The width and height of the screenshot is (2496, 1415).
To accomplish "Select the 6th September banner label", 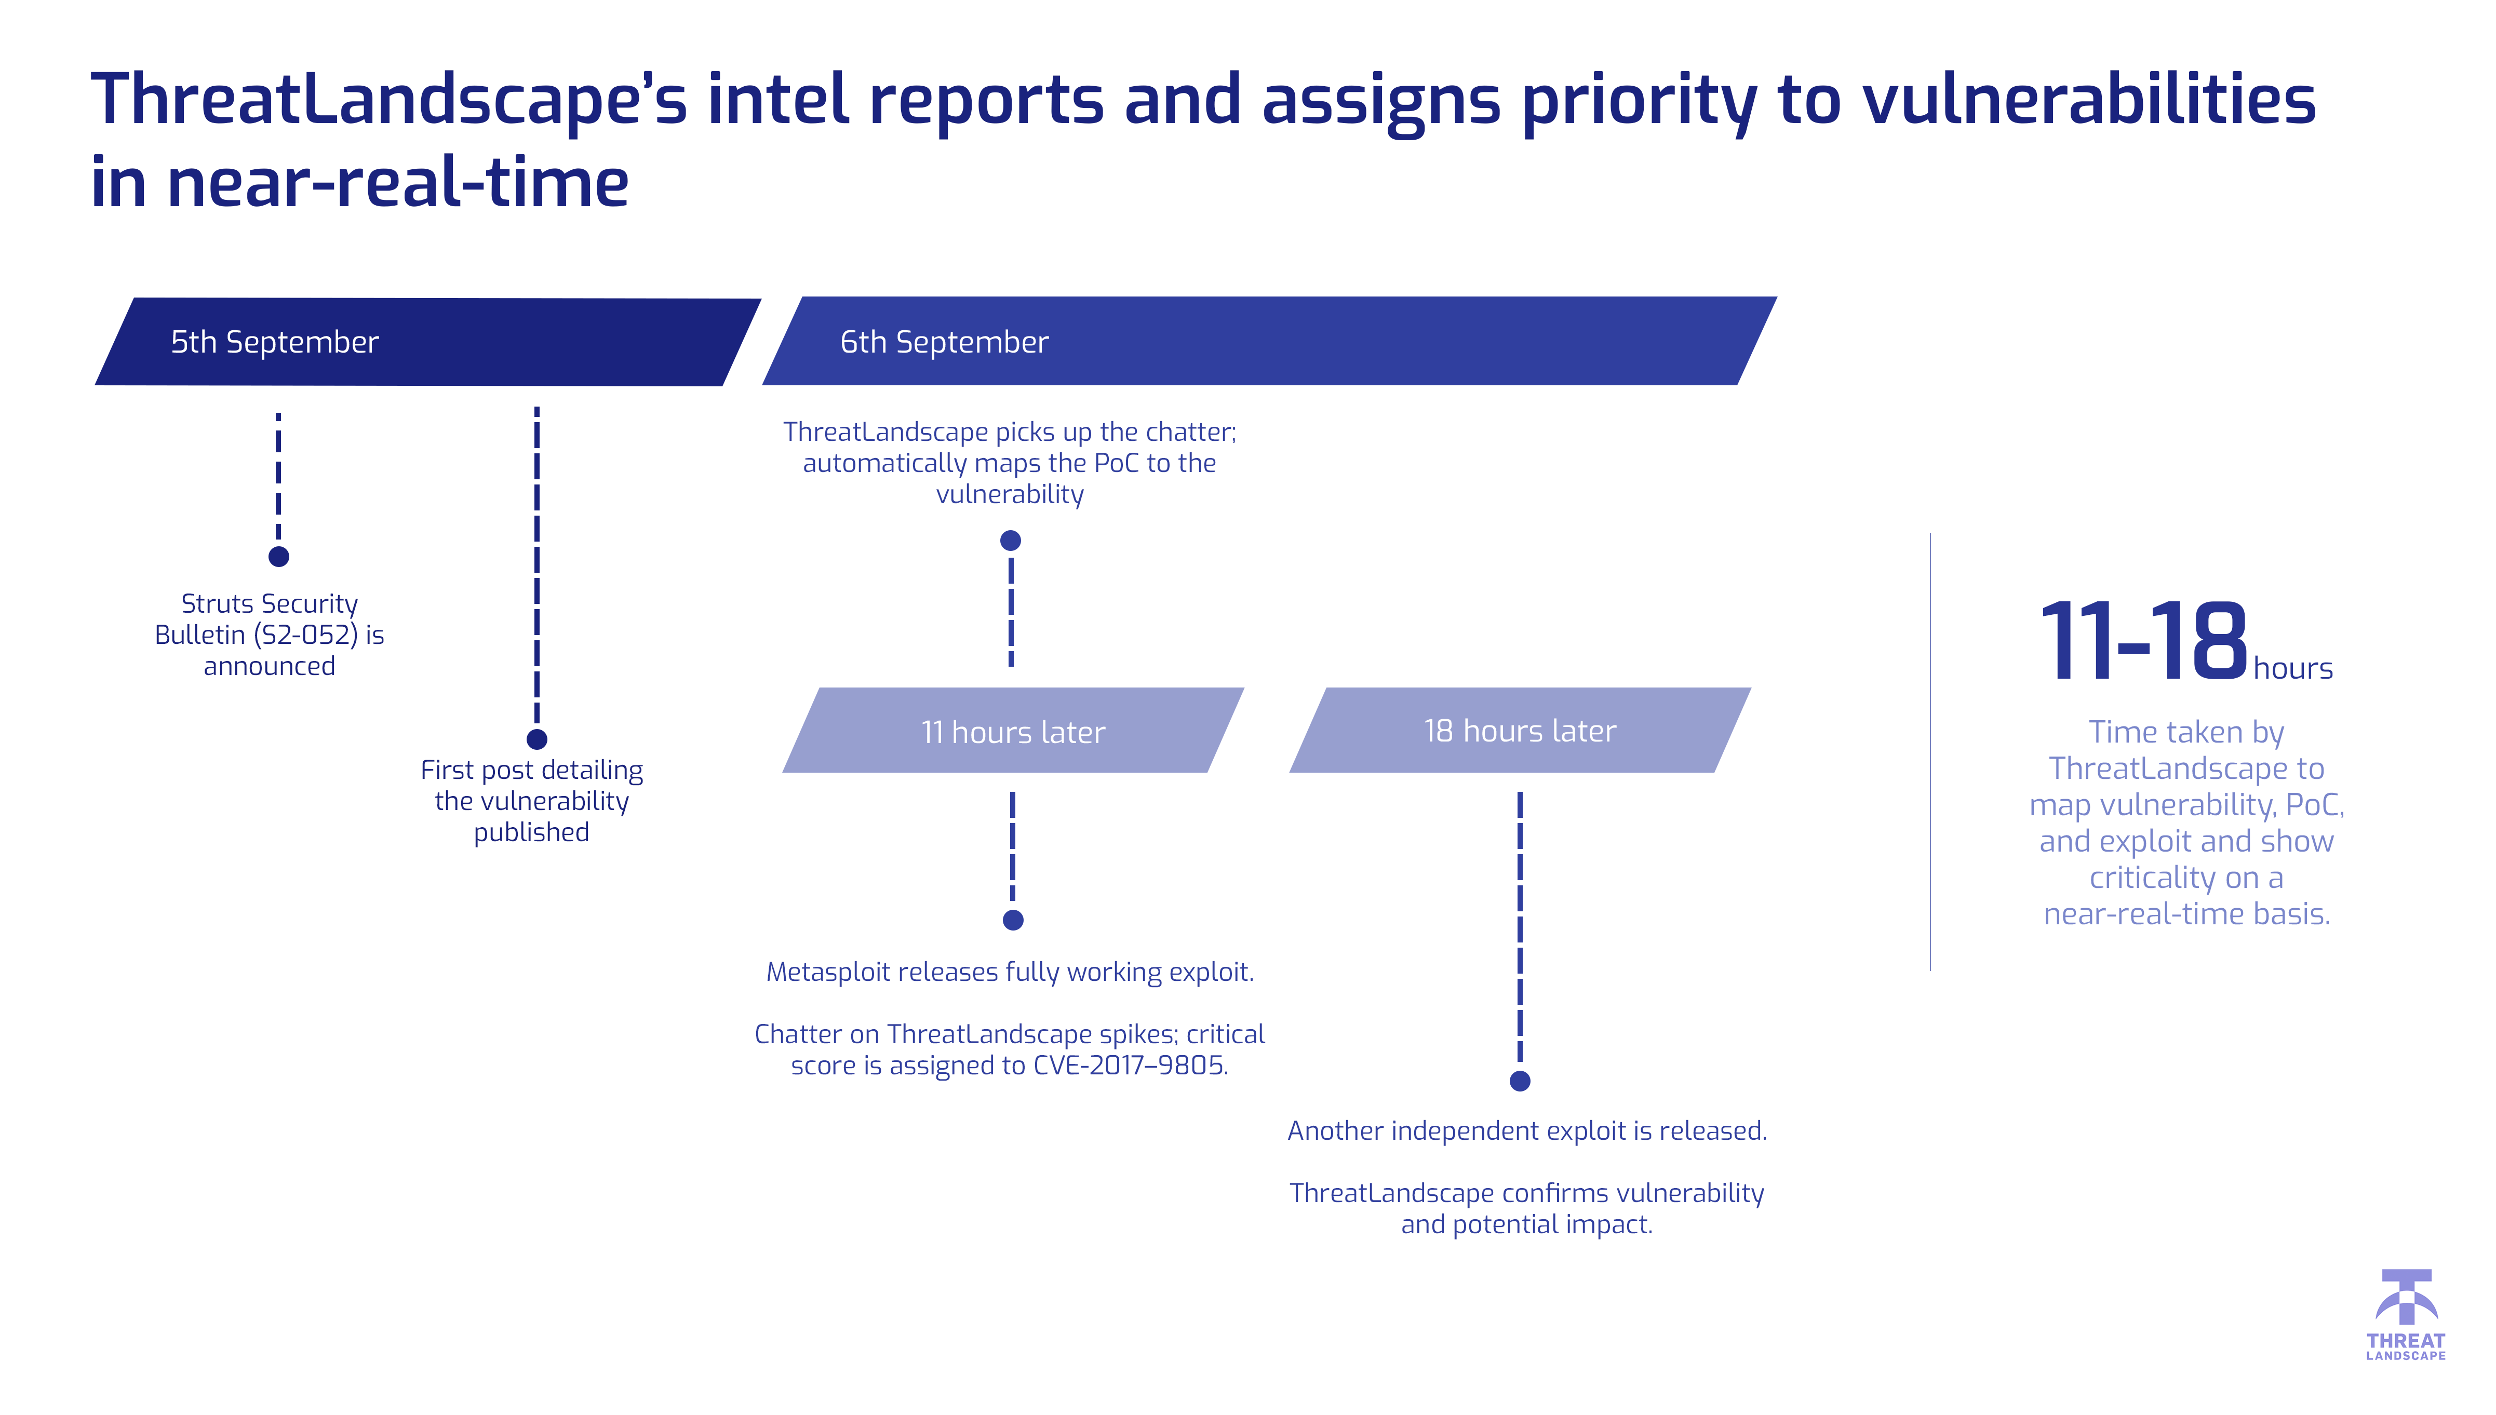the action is pyautogui.click(x=944, y=342).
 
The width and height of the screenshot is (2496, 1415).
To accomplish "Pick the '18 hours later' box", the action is pyautogui.click(x=1519, y=730).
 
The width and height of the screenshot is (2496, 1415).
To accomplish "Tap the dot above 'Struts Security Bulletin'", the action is pyautogui.click(x=279, y=557).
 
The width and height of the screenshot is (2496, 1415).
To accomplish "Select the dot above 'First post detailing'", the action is pyautogui.click(x=536, y=739).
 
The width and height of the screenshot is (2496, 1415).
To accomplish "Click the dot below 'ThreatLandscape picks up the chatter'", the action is pyautogui.click(x=1011, y=541).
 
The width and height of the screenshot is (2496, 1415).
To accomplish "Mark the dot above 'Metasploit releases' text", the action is pyautogui.click(x=1013, y=920).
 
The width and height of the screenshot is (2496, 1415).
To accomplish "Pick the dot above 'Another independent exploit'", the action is pyautogui.click(x=1520, y=1081).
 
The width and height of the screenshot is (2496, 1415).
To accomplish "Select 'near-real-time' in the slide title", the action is pyautogui.click(x=398, y=183).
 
